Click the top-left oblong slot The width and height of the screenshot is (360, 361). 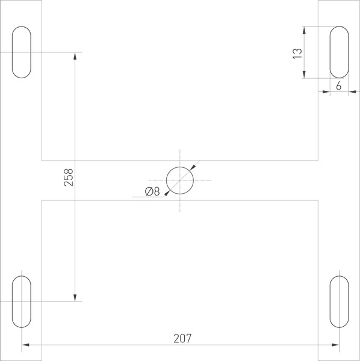point(22,52)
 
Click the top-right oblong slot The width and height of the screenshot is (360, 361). point(339,52)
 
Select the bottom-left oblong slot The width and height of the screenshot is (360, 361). point(22,301)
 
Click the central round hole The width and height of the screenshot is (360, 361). point(180,180)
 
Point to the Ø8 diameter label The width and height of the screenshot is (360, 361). point(152,192)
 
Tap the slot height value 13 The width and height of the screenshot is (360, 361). point(296,52)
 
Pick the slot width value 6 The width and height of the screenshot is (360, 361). point(339,85)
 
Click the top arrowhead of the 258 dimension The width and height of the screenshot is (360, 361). point(75,56)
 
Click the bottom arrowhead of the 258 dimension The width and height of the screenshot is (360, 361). point(75,297)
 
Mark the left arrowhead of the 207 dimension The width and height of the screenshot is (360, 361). point(26,345)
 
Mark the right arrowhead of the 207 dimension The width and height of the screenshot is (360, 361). point(335,345)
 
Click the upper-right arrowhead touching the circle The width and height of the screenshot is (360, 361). point(192,168)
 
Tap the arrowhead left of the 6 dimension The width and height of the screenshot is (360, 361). point(326,92)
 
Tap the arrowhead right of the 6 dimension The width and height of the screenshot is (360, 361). point(352,92)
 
